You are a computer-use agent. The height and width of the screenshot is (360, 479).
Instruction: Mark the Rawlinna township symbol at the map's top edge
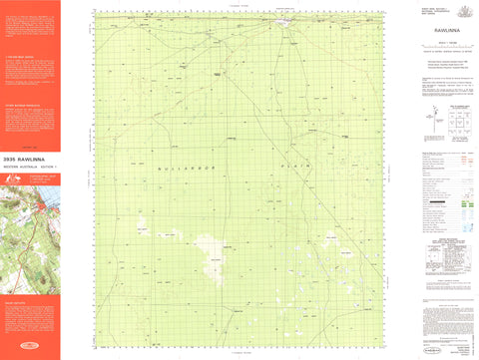click(284, 20)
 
